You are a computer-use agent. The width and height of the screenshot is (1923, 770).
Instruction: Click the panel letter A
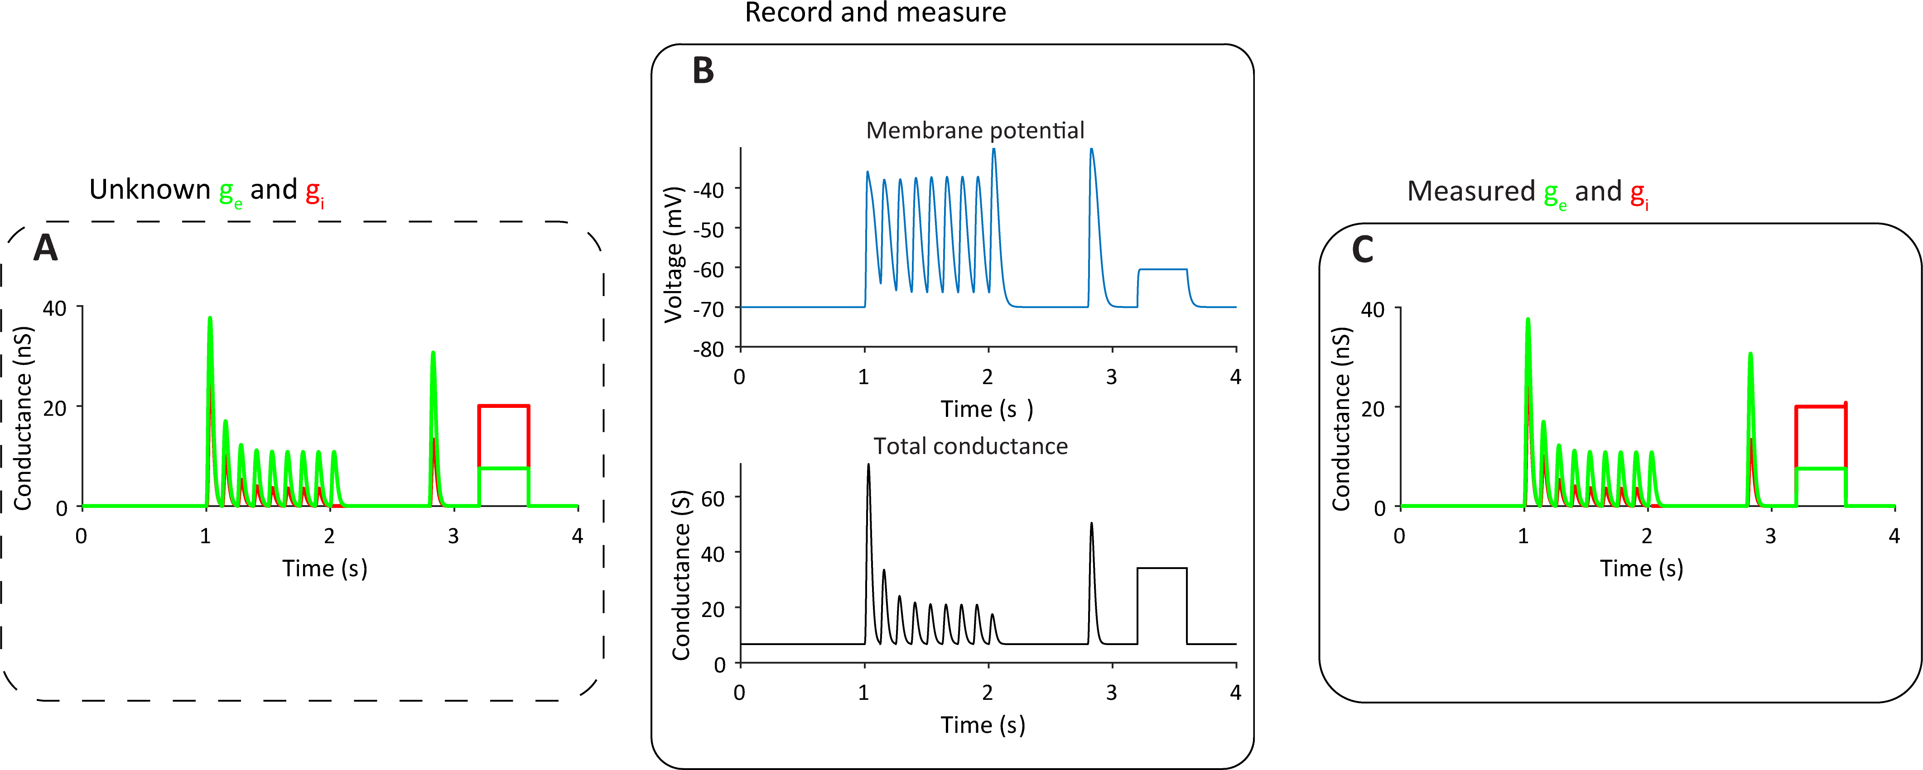click(46, 248)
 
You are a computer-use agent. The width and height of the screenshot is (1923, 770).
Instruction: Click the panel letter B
click(703, 71)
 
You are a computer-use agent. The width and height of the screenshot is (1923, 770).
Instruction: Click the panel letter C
click(1362, 249)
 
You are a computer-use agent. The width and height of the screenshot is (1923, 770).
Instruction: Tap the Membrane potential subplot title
click(974, 130)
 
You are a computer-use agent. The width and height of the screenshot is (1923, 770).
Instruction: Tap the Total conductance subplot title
click(970, 446)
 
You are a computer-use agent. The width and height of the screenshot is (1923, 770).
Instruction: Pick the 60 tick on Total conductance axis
click(713, 498)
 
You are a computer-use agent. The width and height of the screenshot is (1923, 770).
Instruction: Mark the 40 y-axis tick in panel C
click(1372, 310)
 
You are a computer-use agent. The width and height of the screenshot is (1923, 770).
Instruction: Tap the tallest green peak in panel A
click(210, 319)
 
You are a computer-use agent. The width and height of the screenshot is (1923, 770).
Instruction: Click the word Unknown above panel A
click(149, 190)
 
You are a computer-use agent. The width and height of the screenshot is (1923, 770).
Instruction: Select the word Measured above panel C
click(1470, 192)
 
